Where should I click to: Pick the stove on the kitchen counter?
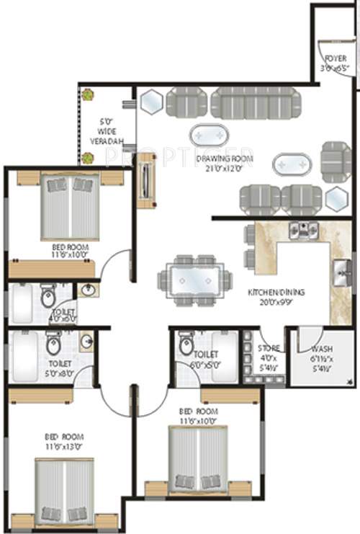click(303, 230)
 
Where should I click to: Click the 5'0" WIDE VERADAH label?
click(107, 132)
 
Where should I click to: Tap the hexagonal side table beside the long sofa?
click(152, 102)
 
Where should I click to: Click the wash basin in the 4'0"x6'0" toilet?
click(88, 290)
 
